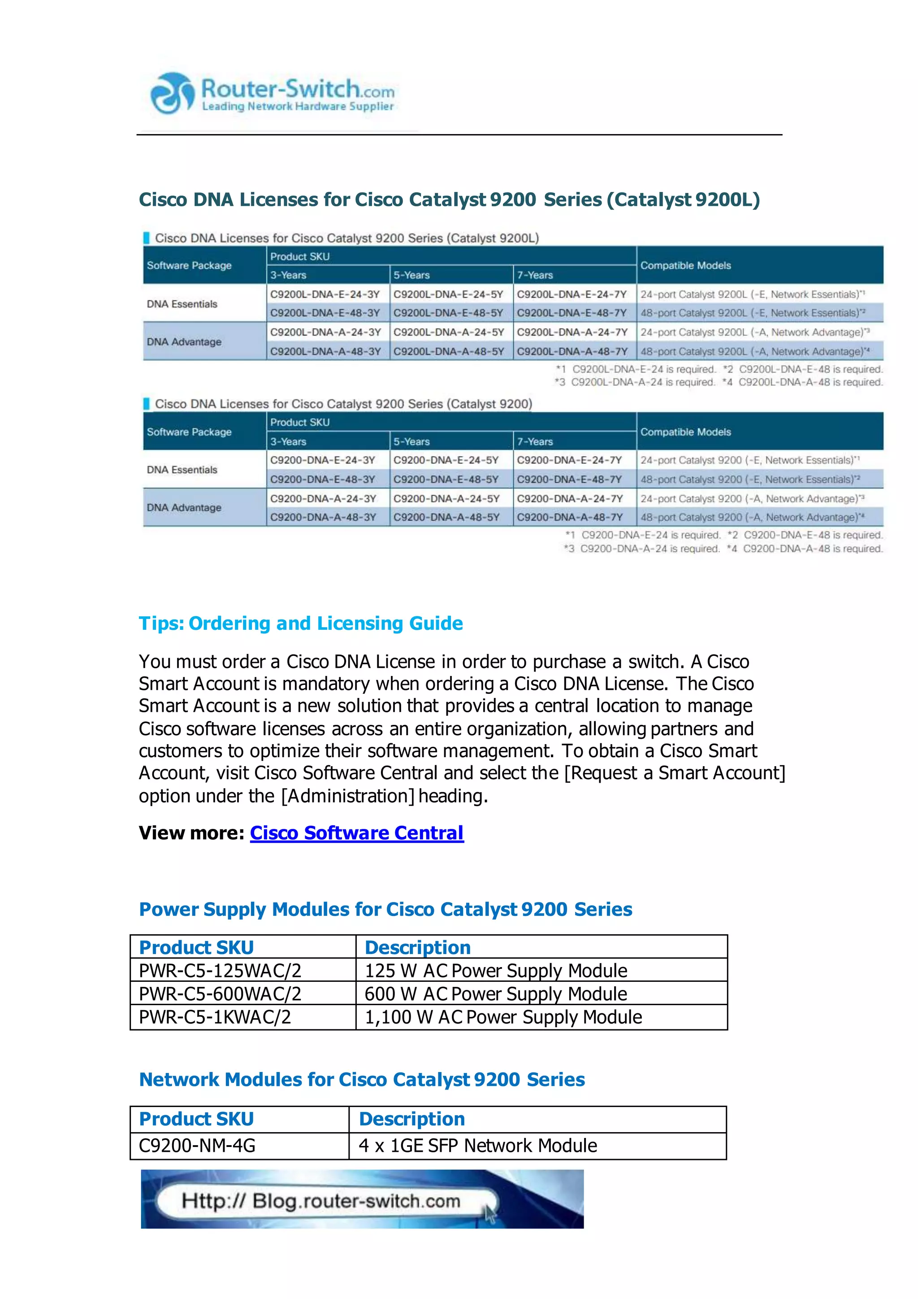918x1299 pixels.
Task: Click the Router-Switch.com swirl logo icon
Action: (171, 93)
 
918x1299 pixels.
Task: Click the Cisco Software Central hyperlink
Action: (357, 833)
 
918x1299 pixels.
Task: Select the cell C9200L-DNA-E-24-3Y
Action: (325, 294)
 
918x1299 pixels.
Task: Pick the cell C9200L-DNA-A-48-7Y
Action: (572, 351)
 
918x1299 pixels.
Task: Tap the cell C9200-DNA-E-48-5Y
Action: (446, 479)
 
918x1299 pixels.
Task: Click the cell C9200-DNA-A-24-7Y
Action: (570, 498)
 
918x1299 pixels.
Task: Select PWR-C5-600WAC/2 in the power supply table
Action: (221, 994)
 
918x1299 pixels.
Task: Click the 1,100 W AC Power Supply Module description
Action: (503, 1017)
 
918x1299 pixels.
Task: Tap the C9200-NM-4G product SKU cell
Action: (197, 1145)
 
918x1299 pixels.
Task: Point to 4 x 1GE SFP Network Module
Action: (478, 1145)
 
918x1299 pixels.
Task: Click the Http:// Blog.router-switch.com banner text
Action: (321, 1201)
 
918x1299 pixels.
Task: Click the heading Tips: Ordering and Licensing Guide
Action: (301, 623)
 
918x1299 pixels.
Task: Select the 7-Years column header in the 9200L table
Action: (535, 275)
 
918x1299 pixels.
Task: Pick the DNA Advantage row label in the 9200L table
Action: (184, 342)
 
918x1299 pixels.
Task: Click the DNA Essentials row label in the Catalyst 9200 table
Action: (182, 470)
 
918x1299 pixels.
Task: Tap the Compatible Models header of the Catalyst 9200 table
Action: (686, 432)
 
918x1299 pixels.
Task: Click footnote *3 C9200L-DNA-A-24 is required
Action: (635, 383)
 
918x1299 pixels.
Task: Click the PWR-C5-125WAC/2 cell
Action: (221, 970)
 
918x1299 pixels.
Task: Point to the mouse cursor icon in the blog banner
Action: (489, 1214)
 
